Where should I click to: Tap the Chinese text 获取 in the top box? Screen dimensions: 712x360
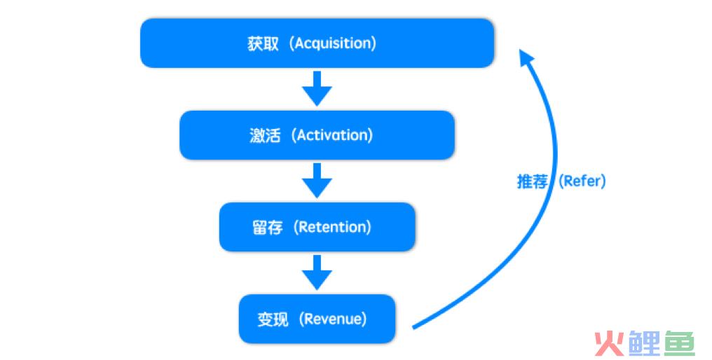point(263,44)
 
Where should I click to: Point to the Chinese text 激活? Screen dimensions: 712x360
point(265,135)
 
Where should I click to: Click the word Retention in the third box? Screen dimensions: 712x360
point(332,227)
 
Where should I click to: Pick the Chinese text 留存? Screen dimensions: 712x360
point(268,228)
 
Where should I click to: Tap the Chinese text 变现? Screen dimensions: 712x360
point(273,319)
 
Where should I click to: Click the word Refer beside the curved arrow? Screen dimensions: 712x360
point(582,181)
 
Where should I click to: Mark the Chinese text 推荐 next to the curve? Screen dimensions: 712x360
point(533,181)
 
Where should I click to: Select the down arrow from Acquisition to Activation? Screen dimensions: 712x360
point(317,88)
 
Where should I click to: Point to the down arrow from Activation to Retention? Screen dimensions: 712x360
point(317,181)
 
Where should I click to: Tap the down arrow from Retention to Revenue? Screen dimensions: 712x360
point(317,272)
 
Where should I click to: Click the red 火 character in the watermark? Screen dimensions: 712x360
point(609,343)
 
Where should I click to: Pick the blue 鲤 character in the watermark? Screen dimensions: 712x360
point(644,343)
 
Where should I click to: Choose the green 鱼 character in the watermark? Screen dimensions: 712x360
point(680,343)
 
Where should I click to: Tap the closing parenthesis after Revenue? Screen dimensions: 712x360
point(364,319)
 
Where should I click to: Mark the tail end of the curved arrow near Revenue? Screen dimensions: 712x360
point(413,327)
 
